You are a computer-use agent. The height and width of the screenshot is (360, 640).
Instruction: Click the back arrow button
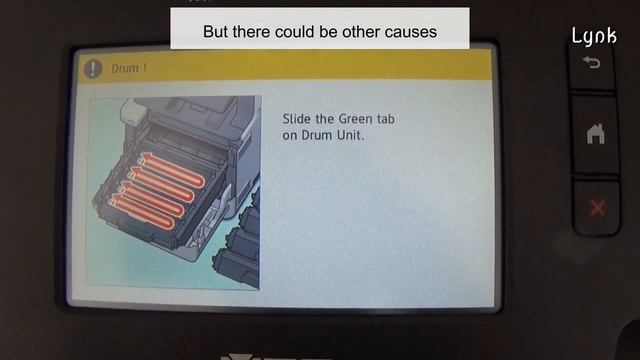[x=595, y=62]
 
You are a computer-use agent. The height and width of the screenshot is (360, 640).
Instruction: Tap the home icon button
[x=596, y=134]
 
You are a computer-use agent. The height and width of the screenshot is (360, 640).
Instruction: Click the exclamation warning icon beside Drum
[x=93, y=69]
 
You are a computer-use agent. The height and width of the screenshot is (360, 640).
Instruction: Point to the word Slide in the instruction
[x=297, y=118]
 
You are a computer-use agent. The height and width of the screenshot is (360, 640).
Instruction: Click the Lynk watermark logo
[x=594, y=36]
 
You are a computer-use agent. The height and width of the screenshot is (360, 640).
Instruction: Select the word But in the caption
[x=216, y=32]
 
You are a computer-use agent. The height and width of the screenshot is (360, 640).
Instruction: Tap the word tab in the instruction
[x=385, y=118]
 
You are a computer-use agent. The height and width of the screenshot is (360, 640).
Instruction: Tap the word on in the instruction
[x=290, y=134]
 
